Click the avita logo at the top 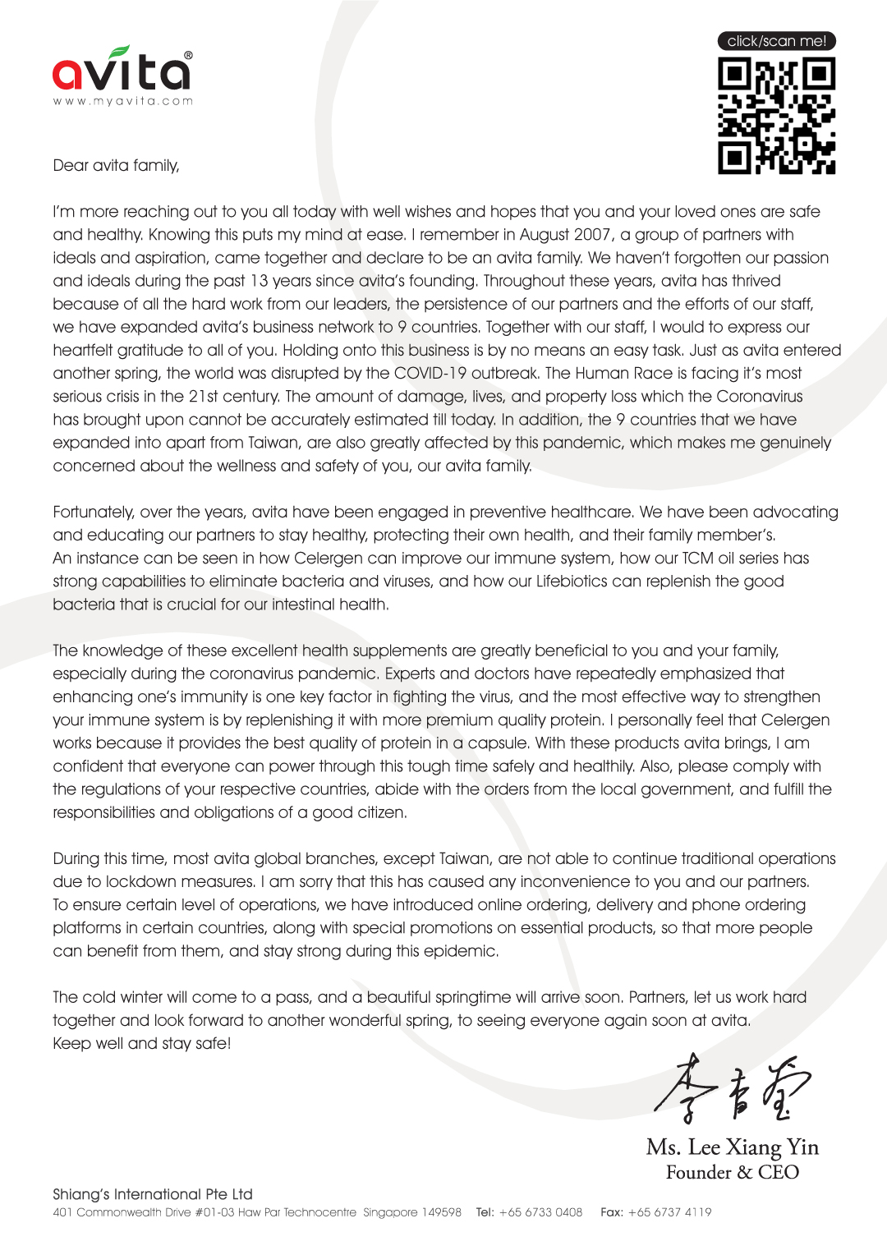tap(122, 71)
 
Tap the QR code tap(776, 115)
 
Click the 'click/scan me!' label tap(776, 41)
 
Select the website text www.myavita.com tap(123, 101)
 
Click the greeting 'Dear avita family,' tap(116, 165)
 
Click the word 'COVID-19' tap(430, 373)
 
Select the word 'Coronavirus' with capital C tap(759, 396)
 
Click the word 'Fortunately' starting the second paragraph tap(94, 512)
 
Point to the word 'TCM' tap(698, 558)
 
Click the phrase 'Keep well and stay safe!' tap(142, 1043)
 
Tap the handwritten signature tap(731, 1089)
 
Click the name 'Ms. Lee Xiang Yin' tap(732, 1147)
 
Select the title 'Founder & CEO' tap(732, 1172)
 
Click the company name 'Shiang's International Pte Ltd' tap(153, 1193)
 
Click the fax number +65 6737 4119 tap(669, 1212)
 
